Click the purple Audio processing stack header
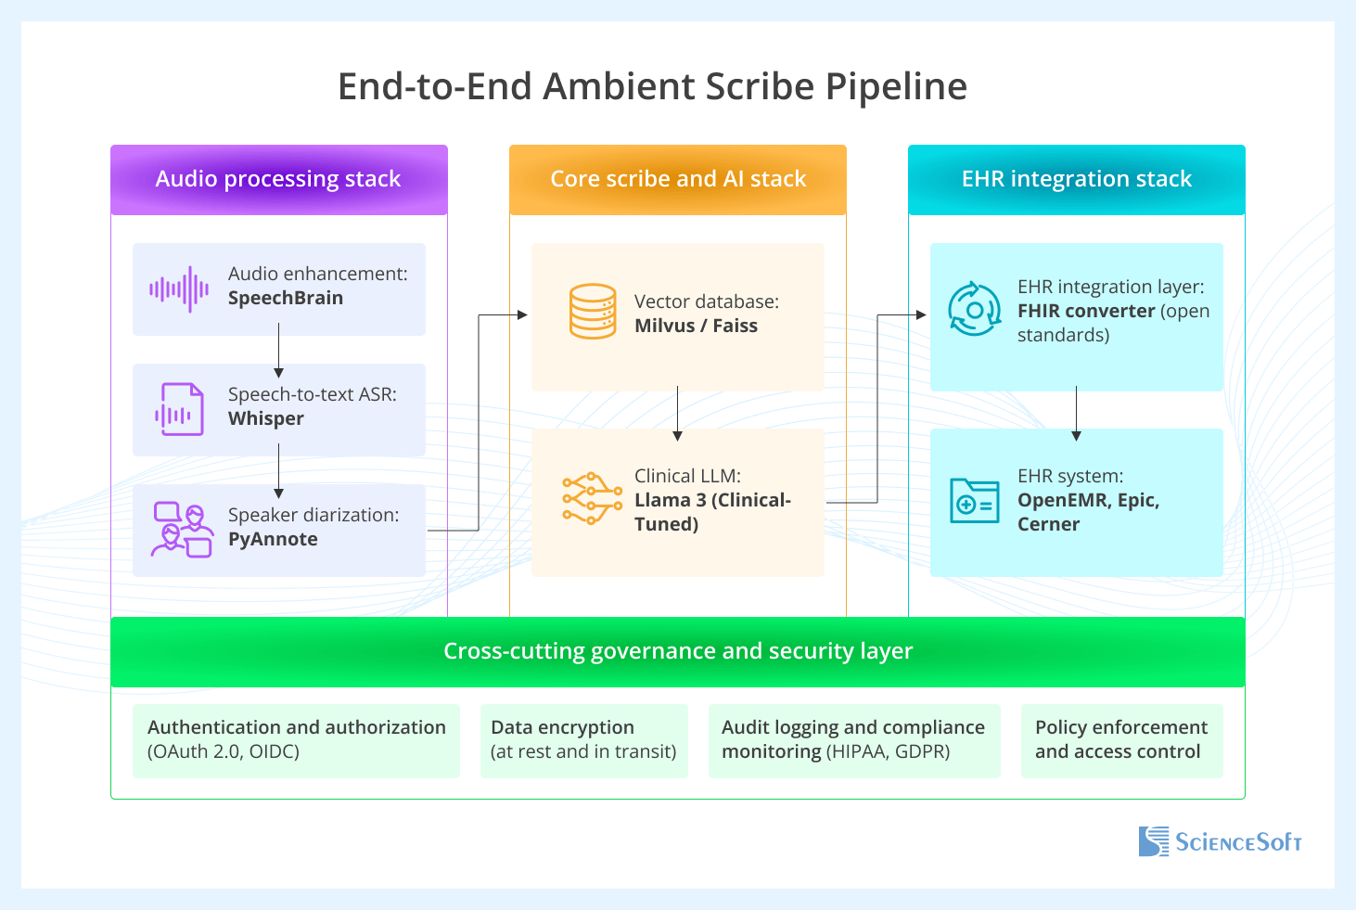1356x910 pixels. pos(278,179)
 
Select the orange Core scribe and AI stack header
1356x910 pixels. pos(678,179)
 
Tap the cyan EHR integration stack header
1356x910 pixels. pos(1076,179)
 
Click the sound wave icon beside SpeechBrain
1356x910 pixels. pos(179,289)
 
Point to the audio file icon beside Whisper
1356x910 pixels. pos(179,409)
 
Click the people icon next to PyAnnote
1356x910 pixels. pos(182,531)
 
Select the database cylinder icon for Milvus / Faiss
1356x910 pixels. pos(593,312)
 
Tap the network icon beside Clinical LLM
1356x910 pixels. pos(592,499)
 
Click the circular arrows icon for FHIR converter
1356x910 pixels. pos(974,310)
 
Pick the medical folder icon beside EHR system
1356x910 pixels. pos(974,501)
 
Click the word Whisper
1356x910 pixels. pos(266,418)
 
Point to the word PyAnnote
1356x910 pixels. pos(273,539)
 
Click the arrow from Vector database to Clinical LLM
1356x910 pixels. pos(678,413)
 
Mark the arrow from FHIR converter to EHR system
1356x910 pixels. pos(1076,413)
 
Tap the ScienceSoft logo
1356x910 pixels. pos(1220,841)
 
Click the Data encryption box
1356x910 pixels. pos(583,740)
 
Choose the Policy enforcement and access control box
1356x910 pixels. pos(1121,740)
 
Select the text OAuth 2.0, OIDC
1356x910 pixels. pos(224,751)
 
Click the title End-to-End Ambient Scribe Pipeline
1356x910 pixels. pos(652,86)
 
